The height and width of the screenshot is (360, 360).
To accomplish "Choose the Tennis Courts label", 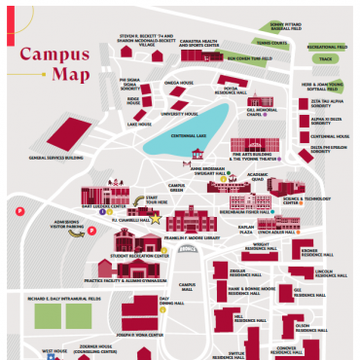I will pyautogui.click(x=272, y=43).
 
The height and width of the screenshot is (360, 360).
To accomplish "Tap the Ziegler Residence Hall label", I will pyautogui.click(x=250, y=269).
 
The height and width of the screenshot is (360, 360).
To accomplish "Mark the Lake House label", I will pyautogui.click(x=139, y=124).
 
